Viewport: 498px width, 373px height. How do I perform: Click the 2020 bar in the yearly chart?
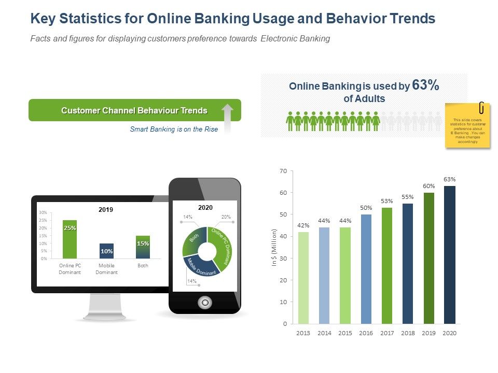449,255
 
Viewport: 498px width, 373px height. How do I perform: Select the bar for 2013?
303,278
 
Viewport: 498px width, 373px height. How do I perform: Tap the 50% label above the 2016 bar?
366,207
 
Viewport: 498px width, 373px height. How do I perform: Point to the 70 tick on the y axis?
283,171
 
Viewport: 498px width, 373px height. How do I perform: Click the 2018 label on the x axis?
408,333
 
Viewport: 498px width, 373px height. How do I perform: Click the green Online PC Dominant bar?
70,239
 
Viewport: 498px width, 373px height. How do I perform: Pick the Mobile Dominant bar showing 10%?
106,251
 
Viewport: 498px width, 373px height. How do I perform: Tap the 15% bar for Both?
143,247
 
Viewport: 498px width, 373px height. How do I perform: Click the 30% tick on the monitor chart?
43,212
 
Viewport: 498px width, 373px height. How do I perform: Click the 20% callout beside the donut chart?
226,217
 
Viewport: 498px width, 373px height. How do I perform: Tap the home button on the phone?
205,302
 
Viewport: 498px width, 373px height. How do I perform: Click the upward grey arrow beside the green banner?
227,118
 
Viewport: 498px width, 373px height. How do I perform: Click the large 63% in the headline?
425,86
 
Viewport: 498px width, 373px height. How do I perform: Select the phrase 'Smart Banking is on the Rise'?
174,130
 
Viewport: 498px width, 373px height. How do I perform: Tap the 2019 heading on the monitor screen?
106,210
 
